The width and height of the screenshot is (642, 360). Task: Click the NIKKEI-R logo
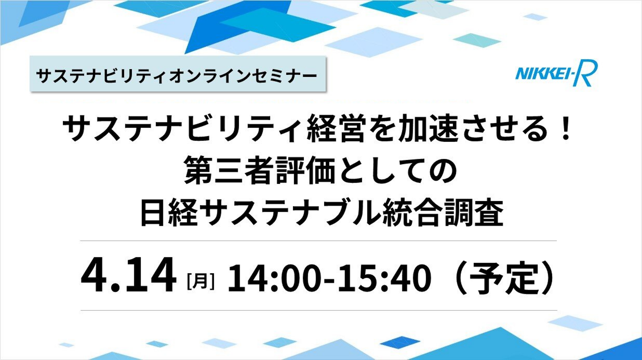tap(556, 73)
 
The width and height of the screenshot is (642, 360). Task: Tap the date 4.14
tap(129, 275)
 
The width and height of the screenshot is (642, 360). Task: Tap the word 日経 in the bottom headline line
tap(169, 213)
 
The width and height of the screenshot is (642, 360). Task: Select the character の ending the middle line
tap(443, 171)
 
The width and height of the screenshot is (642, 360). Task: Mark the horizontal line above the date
tap(318, 241)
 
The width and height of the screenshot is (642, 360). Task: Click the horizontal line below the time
tap(319, 310)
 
